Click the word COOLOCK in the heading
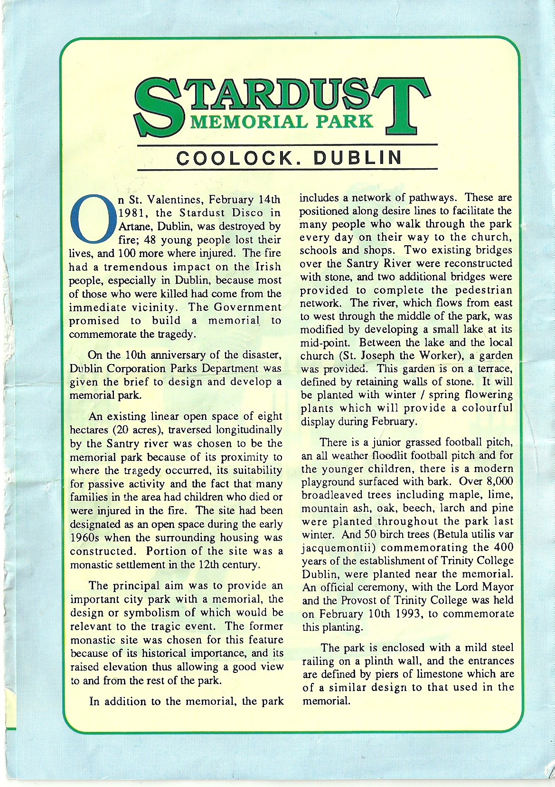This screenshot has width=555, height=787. coord(233,158)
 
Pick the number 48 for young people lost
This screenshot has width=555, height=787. coord(148,240)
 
